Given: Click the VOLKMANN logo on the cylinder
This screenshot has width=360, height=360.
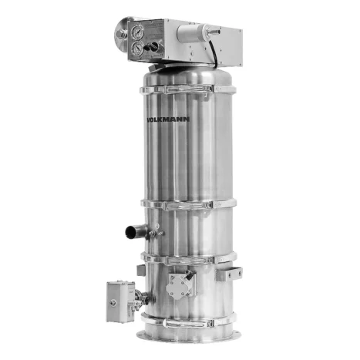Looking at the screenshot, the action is click(x=168, y=119).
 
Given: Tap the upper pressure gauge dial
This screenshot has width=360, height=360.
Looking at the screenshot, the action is click(x=137, y=32).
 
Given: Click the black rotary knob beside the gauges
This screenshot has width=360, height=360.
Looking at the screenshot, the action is click(x=151, y=46).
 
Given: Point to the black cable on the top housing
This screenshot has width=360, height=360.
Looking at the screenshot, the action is click(x=214, y=55).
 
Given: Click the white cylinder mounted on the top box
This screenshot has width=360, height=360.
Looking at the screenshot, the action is click(x=192, y=33).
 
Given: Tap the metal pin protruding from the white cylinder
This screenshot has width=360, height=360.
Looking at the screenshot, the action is click(x=214, y=32).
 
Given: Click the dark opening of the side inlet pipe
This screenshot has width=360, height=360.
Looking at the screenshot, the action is click(x=130, y=232).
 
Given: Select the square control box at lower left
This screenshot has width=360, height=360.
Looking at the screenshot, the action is click(x=120, y=301).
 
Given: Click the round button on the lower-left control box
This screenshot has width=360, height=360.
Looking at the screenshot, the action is click(x=113, y=303).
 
